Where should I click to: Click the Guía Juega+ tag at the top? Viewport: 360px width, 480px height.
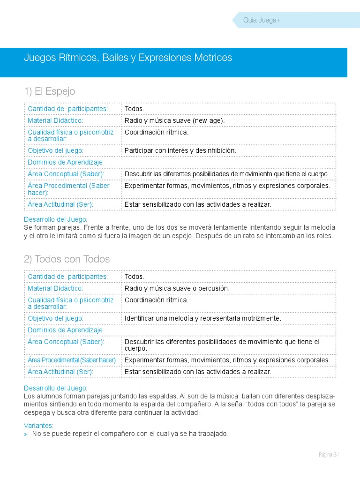(262, 20)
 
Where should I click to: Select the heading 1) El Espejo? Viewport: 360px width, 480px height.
(49, 91)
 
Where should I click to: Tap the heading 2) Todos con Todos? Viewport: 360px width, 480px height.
(67, 259)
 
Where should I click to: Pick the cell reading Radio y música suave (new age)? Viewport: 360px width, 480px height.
(174, 120)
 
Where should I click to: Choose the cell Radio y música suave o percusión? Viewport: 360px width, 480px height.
(177, 288)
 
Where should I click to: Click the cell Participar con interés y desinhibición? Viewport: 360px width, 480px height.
(180, 150)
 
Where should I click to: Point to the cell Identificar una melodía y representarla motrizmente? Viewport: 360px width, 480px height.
(202, 318)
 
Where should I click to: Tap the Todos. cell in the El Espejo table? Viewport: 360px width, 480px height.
(135, 109)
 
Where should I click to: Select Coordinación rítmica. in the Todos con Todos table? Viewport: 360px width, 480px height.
(156, 300)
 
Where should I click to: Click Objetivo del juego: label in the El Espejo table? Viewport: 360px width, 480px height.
(55, 150)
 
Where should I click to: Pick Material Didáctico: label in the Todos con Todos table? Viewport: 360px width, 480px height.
(55, 288)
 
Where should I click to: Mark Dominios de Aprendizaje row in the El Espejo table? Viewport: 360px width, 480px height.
(65, 162)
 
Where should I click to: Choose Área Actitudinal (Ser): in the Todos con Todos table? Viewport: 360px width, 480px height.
(60, 372)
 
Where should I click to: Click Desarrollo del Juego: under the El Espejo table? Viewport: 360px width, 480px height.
(55, 219)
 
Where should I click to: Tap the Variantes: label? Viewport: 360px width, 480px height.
(38, 426)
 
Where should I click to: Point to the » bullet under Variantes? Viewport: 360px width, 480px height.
(26, 434)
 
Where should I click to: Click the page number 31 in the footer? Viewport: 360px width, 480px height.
(336, 455)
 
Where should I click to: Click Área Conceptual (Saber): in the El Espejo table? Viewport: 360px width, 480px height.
(66, 174)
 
